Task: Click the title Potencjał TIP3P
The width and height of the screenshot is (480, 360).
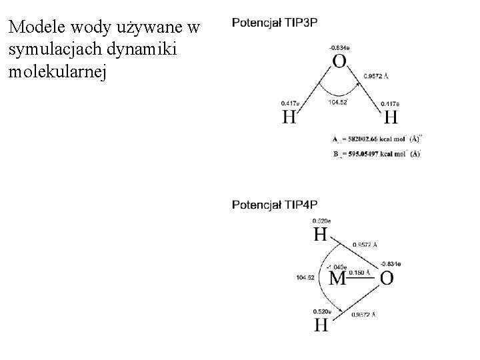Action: (x=274, y=23)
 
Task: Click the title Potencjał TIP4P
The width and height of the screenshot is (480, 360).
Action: (x=274, y=204)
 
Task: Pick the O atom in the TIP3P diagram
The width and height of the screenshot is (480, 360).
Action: (x=339, y=62)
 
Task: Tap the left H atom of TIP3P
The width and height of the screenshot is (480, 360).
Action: (x=289, y=117)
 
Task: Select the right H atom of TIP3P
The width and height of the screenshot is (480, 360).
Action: (x=391, y=117)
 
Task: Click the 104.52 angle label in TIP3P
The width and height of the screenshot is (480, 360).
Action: (x=338, y=103)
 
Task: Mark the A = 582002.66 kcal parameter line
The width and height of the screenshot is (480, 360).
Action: (x=376, y=139)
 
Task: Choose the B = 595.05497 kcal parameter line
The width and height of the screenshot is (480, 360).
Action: (x=376, y=154)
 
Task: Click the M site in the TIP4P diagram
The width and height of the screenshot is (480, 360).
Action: (x=338, y=278)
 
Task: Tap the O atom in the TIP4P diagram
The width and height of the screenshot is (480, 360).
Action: (x=387, y=278)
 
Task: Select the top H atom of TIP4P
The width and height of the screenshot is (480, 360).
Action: (x=321, y=235)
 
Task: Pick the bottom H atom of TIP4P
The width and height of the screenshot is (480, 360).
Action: (x=321, y=325)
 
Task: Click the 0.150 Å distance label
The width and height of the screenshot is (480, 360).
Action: (x=359, y=272)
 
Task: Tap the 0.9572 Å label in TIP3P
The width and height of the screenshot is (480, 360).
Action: (x=375, y=77)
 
